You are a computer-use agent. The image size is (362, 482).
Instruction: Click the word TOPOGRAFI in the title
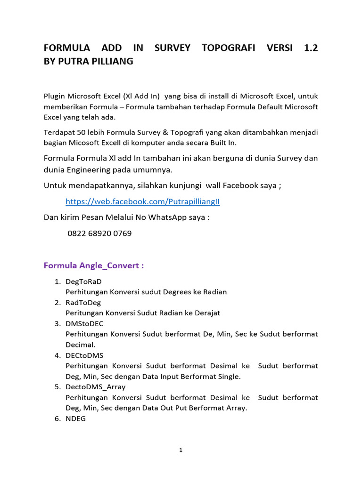[229, 48]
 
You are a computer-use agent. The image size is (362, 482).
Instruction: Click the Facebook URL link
[142, 201]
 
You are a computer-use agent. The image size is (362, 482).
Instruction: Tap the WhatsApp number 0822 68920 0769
[99, 233]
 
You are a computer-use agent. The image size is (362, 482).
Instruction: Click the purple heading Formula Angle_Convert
[94, 265]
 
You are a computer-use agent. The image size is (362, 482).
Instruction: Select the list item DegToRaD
[83, 281]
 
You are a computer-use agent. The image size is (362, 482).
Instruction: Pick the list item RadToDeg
[83, 303]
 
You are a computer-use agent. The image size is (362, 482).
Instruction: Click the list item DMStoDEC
[84, 324]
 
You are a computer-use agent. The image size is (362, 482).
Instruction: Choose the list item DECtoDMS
[84, 355]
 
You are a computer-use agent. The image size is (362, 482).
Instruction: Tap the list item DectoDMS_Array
[96, 387]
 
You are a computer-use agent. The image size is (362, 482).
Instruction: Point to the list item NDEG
[75, 418]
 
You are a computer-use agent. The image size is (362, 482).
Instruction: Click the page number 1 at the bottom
[181, 450]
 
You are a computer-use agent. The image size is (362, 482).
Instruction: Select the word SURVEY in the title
[173, 48]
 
